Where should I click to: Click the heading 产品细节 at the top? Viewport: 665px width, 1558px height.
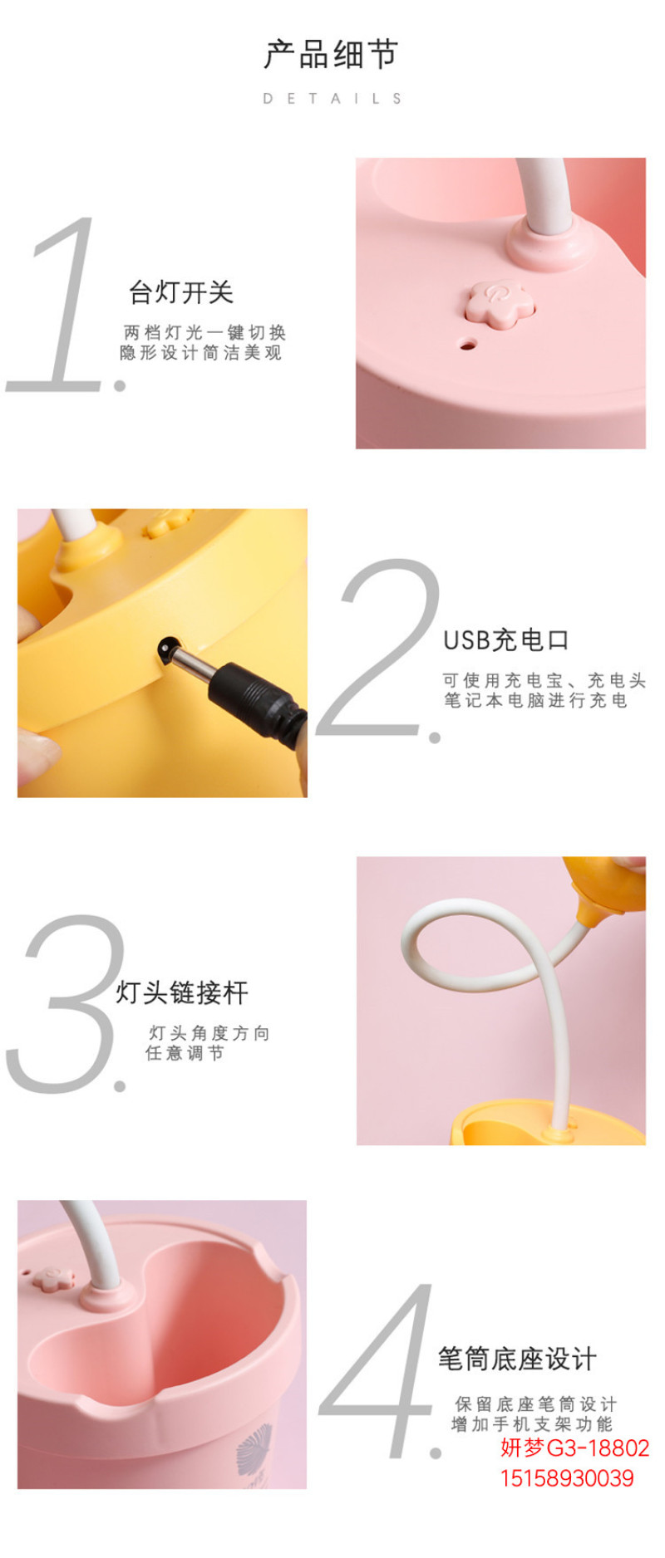pyautogui.click(x=332, y=55)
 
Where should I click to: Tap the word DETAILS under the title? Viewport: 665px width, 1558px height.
pyautogui.click(x=332, y=98)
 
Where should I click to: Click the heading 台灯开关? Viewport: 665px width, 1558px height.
pyautogui.click(x=181, y=292)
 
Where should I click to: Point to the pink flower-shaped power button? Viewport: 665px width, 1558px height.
pyautogui.click(x=497, y=301)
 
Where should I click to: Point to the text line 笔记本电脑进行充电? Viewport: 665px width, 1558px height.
pyautogui.click(x=535, y=700)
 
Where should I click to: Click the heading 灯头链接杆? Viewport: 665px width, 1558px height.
pyautogui.click(x=182, y=992)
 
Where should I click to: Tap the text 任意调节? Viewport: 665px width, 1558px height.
pyautogui.click(x=185, y=1053)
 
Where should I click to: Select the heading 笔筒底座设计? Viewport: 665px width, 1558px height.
pyautogui.click(x=517, y=1359)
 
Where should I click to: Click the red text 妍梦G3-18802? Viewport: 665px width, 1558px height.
pyautogui.click(x=574, y=1448)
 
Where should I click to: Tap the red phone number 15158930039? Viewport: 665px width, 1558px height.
pyautogui.click(x=566, y=1478)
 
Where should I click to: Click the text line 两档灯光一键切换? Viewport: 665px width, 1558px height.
pyautogui.click(x=204, y=332)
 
